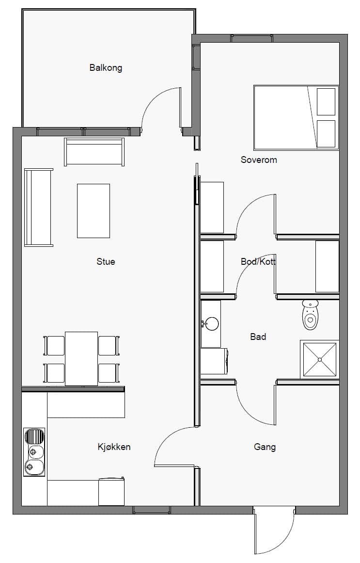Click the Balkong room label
[x=106, y=68]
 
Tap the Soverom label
[x=259, y=160]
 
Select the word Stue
[x=106, y=261]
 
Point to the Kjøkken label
[x=114, y=447]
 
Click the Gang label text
[x=265, y=448]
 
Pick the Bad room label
[x=258, y=337]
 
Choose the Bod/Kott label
[x=258, y=262]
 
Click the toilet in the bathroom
[x=311, y=315]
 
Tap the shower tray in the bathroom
[x=319, y=359]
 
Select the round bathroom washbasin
[x=211, y=323]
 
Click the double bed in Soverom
[x=297, y=117]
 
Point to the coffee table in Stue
[x=94, y=211]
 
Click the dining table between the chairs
[x=81, y=359]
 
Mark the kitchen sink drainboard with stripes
[x=34, y=436]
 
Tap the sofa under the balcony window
[x=94, y=152]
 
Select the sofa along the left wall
[x=38, y=208]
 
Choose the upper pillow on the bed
[x=326, y=102]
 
